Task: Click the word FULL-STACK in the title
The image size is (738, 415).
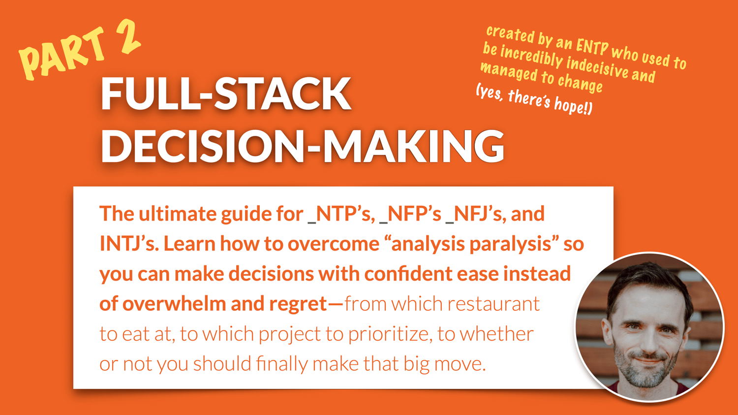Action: (226, 94)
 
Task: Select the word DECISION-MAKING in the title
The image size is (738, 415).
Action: (303, 146)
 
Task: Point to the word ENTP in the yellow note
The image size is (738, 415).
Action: (592, 47)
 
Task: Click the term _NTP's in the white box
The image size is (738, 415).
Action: (341, 214)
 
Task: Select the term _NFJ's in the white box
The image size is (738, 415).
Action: (475, 214)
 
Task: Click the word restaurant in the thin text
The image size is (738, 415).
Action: (493, 304)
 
